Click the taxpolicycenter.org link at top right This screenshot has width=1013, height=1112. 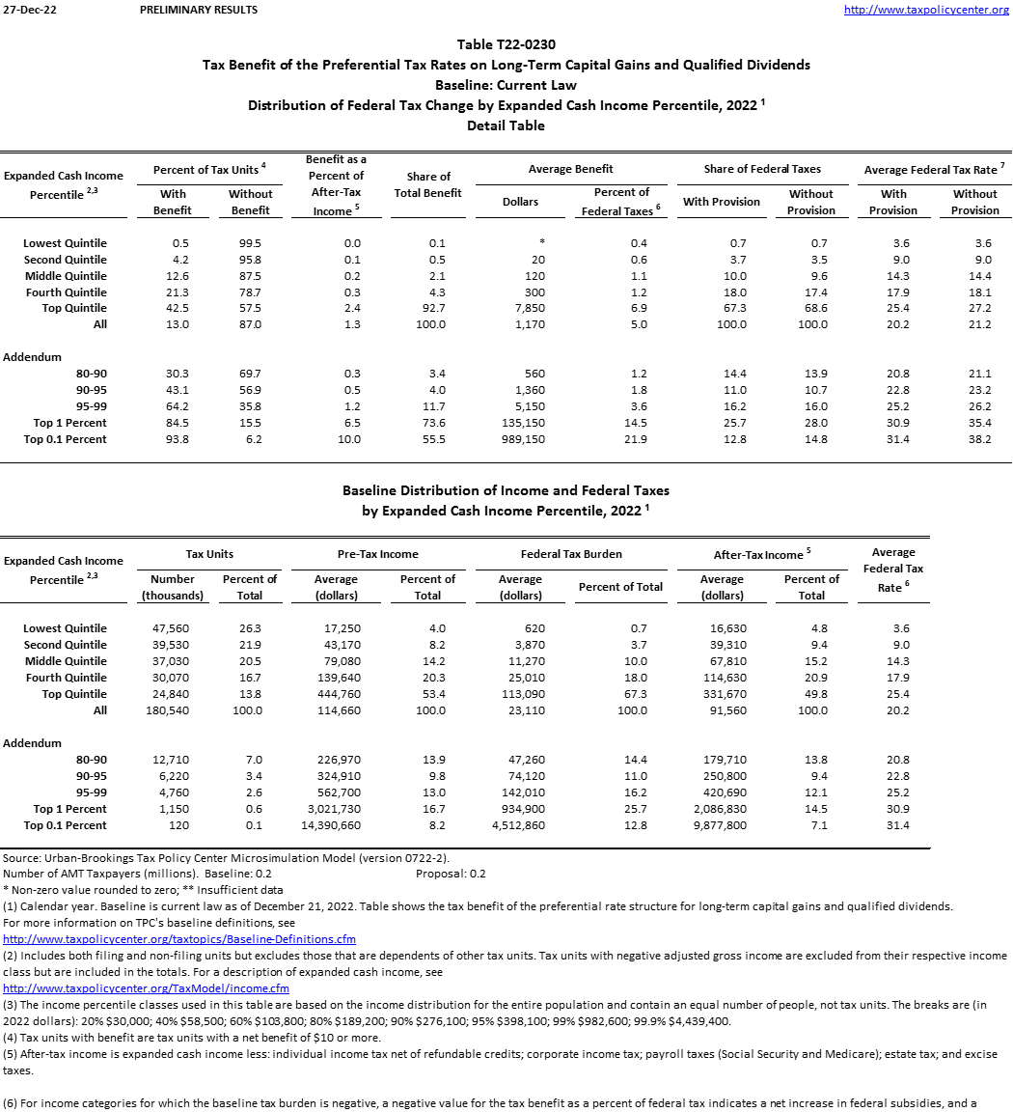926,10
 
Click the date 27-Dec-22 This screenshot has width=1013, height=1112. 25,10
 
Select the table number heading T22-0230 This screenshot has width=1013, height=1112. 506,44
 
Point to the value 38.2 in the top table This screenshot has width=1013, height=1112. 974,439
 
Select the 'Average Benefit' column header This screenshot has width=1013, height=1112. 571,169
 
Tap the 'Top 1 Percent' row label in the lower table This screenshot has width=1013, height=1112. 69,809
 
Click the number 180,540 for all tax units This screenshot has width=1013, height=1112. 173,710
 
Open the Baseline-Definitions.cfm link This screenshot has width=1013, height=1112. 179,939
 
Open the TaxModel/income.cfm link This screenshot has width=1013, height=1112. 146,988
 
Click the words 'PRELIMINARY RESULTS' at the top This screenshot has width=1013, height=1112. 199,10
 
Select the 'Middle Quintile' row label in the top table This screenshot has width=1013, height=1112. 66,276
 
